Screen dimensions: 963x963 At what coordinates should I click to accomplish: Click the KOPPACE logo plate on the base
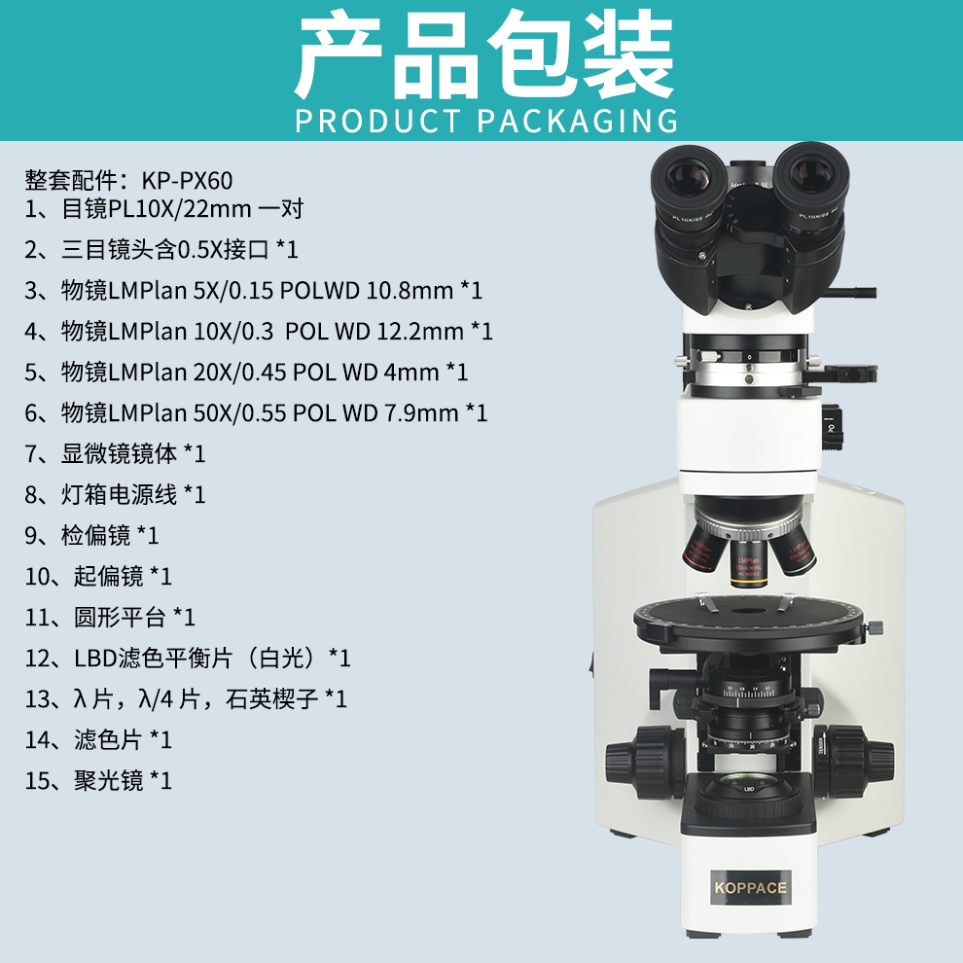pos(750,887)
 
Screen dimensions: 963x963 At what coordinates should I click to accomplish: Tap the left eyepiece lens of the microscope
pos(688,174)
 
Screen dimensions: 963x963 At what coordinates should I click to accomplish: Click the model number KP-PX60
pos(188,181)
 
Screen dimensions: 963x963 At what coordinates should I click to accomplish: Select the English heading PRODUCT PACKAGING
pos(486,121)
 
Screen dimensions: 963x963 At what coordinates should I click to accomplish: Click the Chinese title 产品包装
pos(484,54)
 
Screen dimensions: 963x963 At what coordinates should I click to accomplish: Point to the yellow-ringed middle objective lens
pos(747,562)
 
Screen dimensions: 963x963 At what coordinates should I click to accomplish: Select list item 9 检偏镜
pos(91,536)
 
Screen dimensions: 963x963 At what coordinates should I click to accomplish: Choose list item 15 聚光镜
pos(98,780)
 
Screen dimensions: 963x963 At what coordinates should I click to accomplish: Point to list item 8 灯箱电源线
pos(115,494)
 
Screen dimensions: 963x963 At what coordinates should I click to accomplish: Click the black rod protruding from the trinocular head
pos(851,293)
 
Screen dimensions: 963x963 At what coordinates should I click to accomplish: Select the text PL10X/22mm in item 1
pos(180,209)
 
